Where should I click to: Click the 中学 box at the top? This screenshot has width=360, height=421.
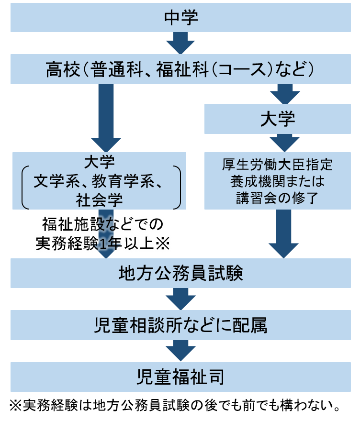click(x=180, y=18)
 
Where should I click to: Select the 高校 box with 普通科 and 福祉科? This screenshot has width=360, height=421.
click(x=180, y=70)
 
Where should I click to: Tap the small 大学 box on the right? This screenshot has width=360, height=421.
click(x=278, y=119)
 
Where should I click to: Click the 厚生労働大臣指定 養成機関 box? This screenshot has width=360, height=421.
click(x=278, y=181)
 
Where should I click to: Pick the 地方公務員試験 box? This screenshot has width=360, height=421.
click(x=180, y=274)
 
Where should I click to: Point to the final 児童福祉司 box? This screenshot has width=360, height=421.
click(x=180, y=377)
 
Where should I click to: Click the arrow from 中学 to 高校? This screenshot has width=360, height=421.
click(x=180, y=43)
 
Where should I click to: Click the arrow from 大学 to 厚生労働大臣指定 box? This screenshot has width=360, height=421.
click(x=285, y=143)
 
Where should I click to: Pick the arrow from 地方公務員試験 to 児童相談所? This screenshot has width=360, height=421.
click(x=180, y=299)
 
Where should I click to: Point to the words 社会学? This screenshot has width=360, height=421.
click(x=99, y=199)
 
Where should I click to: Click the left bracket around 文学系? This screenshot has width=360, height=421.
click(x=24, y=187)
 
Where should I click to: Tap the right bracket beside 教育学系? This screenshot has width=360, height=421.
click(x=178, y=187)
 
